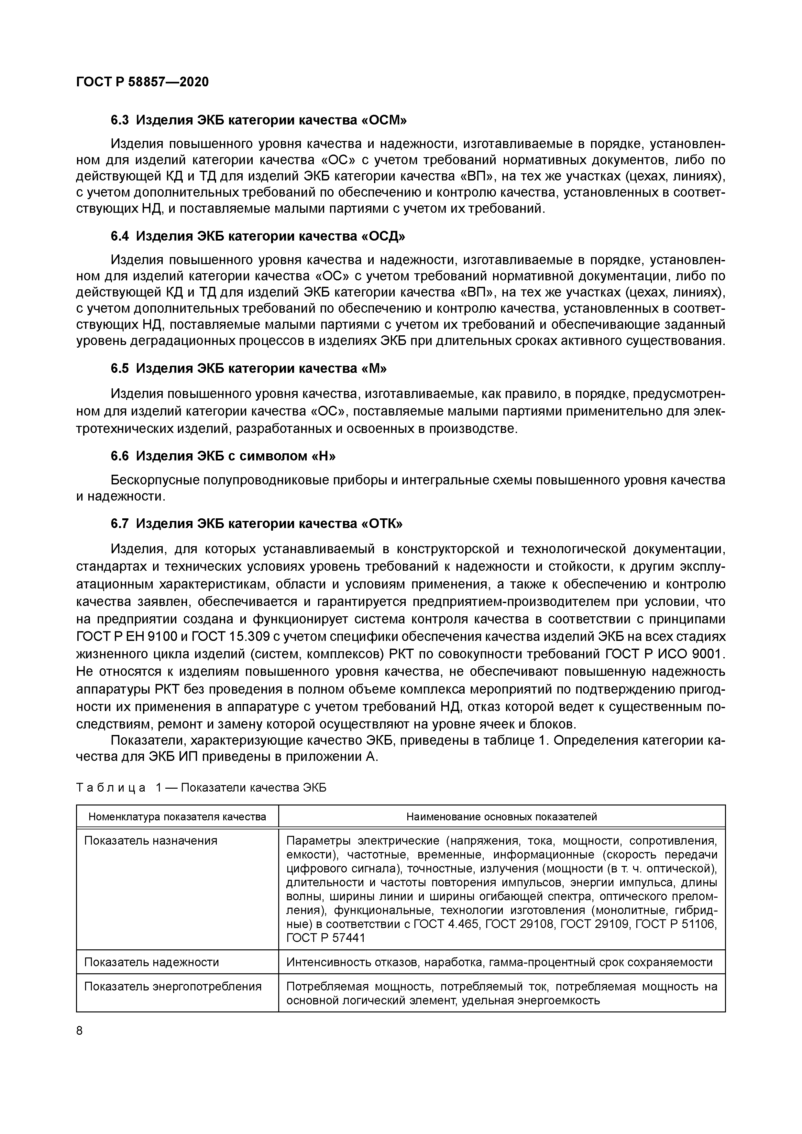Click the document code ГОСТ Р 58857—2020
tap(142, 82)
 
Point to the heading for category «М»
tap(248, 368)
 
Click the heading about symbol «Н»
tap(223, 456)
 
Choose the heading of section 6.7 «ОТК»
tap(257, 523)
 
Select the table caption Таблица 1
tap(201, 788)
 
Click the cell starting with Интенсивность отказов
tap(499, 962)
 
